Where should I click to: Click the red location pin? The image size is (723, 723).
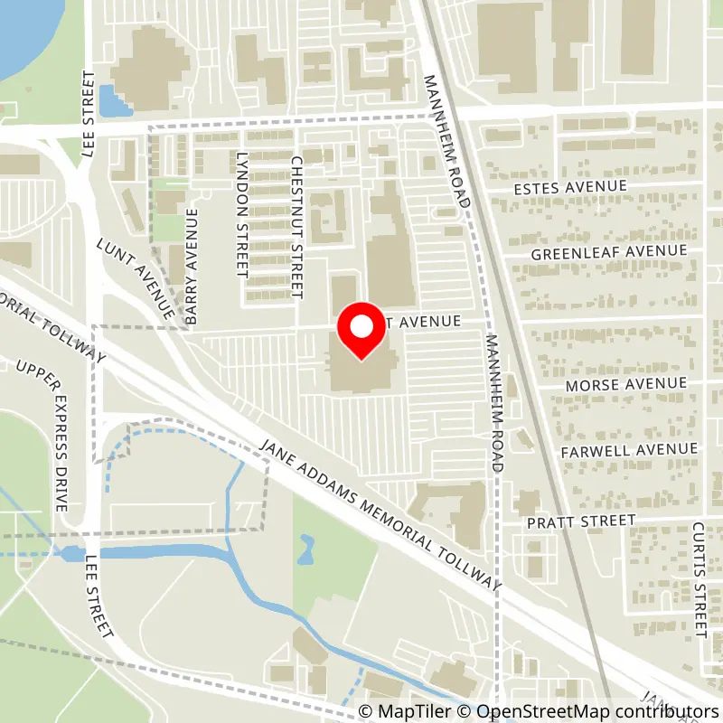click(x=361, y=331)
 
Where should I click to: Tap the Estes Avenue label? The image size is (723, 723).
click(x=569, y=186)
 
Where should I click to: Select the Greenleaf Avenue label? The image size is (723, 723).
click(x=609, y=253)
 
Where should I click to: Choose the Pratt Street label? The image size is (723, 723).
click(x=583, y=521)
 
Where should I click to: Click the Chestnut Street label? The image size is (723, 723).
click(x=296, y=226)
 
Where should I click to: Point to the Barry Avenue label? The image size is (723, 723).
click(x=191, y=267)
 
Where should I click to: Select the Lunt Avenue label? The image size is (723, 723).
click(x=136, y=278)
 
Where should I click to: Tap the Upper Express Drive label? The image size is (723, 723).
click(x=42, y=436)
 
